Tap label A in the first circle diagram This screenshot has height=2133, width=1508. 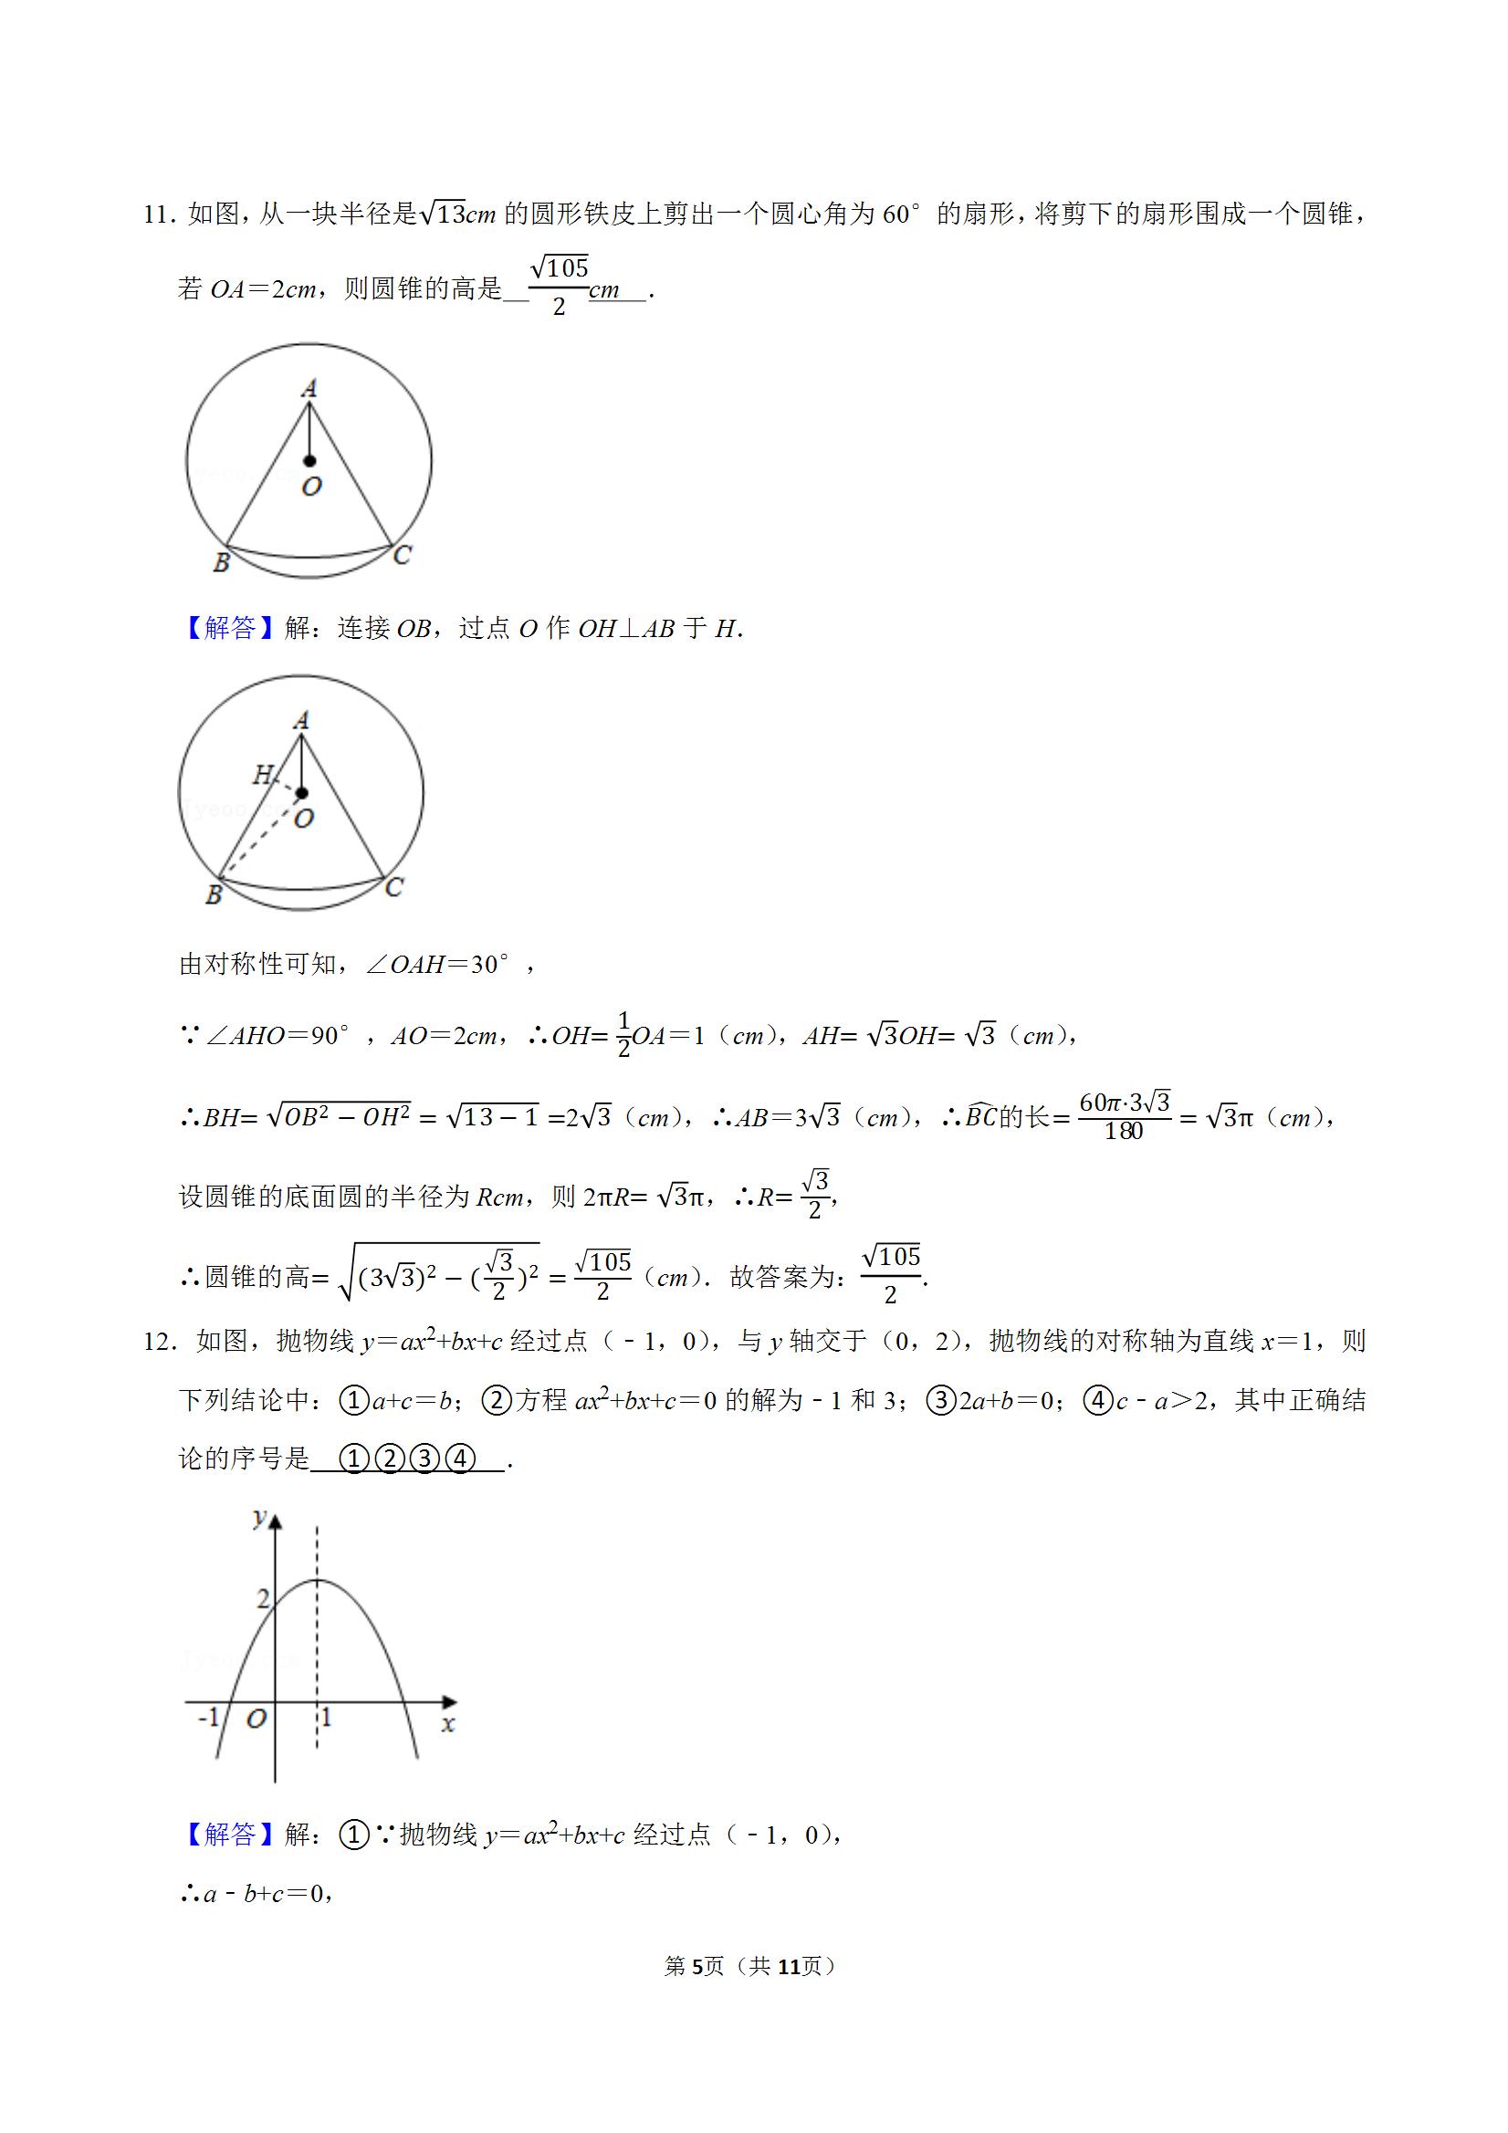[309, 388]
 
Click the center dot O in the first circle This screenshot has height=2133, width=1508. [309, 461]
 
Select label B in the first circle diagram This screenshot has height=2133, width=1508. [221, 562]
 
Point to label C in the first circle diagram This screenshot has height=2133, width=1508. [402, 555]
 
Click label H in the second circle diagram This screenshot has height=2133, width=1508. [263, 773]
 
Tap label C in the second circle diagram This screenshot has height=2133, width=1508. [394, 887]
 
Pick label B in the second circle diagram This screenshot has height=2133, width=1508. [214, 894]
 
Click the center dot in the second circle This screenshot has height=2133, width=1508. [301, 793]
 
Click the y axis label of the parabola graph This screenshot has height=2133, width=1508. [259, 1517]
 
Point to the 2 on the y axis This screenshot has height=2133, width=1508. [263, 1598]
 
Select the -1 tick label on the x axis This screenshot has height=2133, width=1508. [208, 1717]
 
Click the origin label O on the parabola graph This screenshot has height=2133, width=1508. [257, 1719]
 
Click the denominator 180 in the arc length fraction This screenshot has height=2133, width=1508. [1124, 1132]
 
